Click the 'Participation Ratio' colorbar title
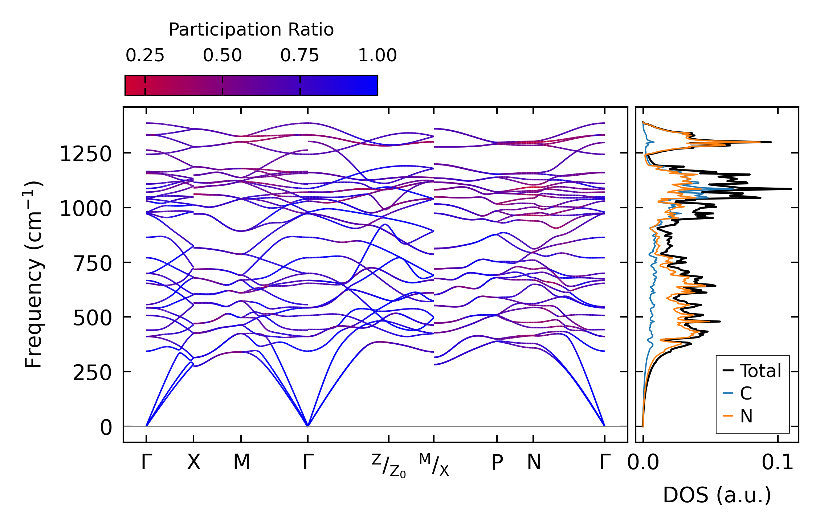pyautogui.click(x=251, y=29)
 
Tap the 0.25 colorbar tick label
pyautogui.click(x=145, y=56)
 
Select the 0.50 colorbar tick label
pyautogui.click(x=222, y=56)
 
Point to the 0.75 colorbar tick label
pyautogui.click(x=299, y=56)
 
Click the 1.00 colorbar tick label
pyautogui.click(x=377, y=56)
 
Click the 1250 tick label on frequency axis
pyautogui.click(x=85, y=154)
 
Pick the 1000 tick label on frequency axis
pyautogui.click(x=85, y=209)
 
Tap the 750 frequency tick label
pyautogui.click(x=92, y=264)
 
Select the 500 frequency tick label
pyautogui.click(x=92, y=319)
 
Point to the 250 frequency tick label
pyautogui.click(x=92, y=373)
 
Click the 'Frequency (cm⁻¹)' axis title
pyautogui.click(x=34, y=274)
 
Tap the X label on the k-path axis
pyautogui.click(x=193, y=462)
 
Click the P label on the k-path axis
pyautogui.click(x=497, y=462)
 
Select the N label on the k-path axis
pyautogui.click(x=534, y=462)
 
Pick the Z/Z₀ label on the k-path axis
pyautogui.click(x=388, y=465)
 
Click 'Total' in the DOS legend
pyautogui.click(x=760, y=371)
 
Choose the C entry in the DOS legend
pyautogui.click(x=746, y=393)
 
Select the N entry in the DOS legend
pyautogui.click(x=746, y=416)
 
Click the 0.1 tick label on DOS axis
pyautogui.click(x=777, y=462)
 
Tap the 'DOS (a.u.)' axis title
pyautogui.click(x=717, y=495)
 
